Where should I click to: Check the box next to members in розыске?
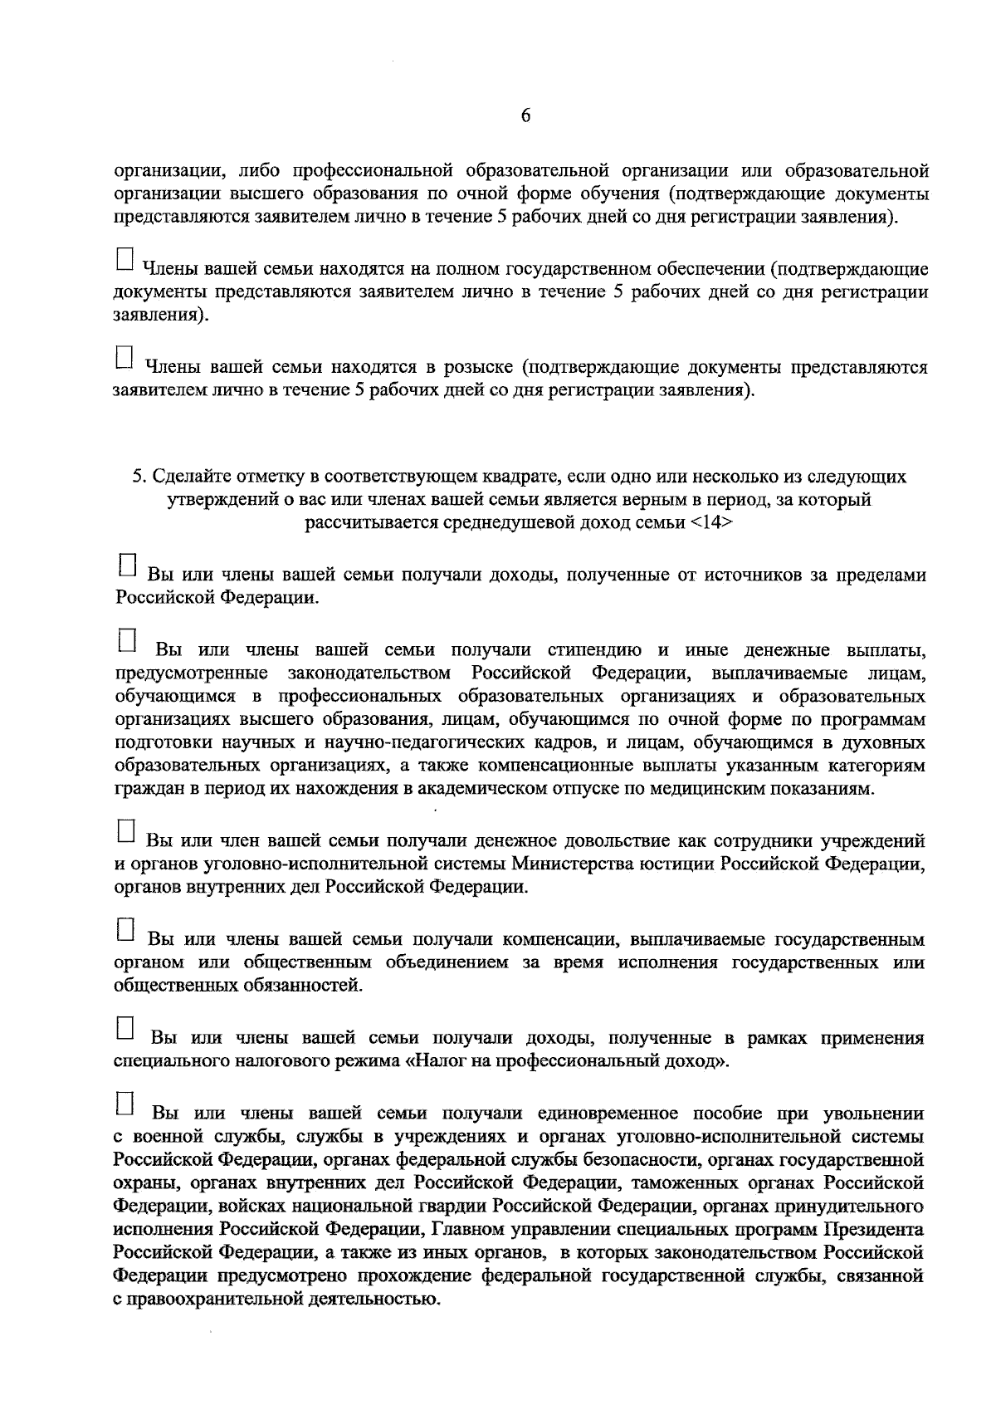coord(124,356)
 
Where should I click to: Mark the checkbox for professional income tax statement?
coord(125,1027)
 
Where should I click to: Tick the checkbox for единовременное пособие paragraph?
coord(125,1102)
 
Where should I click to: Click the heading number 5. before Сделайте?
coord(140,477)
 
